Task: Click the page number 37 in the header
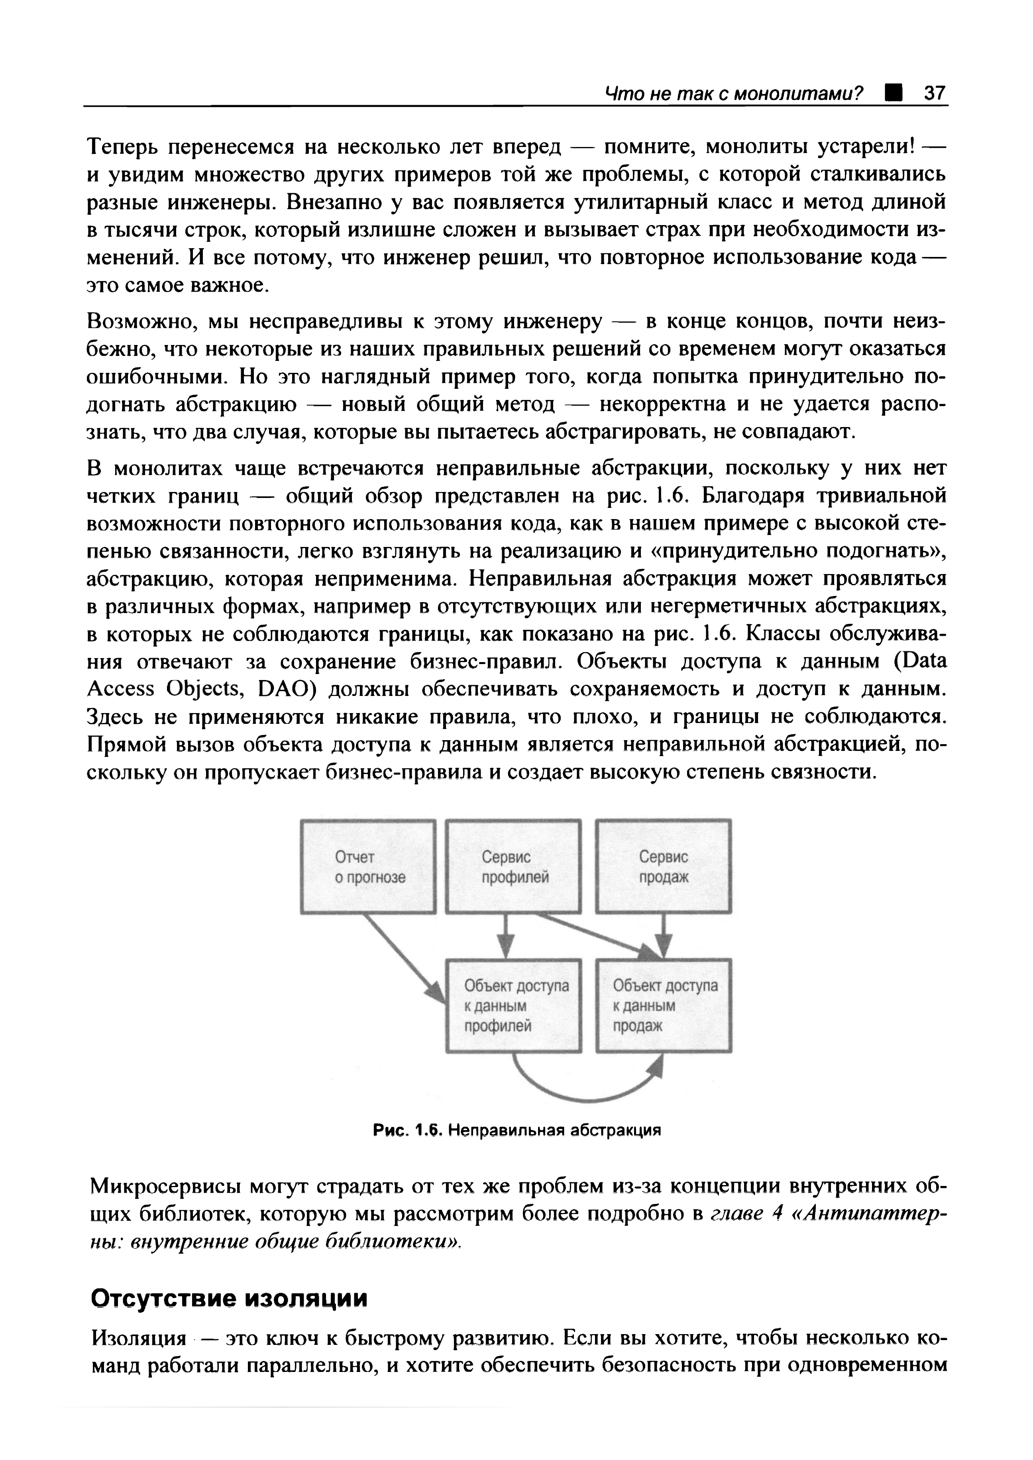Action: pos(935,94)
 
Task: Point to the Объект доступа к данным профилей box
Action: pos(513,1005)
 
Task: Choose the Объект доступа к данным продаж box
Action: pos(664,1005)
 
